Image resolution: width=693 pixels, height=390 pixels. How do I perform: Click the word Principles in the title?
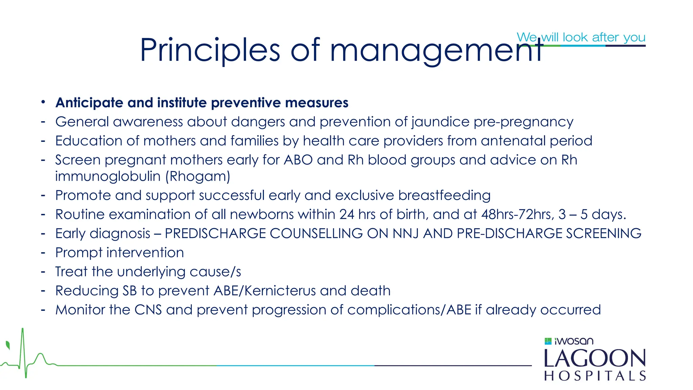coord(210,50)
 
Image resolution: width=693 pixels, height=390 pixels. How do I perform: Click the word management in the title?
coord(437,51)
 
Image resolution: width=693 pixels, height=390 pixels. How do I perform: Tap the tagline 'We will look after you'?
coord(581,37)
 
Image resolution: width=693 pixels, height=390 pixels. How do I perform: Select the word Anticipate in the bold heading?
coord(89,103)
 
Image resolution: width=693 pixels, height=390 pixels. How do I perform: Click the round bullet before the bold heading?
coord(43,102)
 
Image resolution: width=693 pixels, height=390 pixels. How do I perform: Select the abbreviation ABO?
coord(298,160)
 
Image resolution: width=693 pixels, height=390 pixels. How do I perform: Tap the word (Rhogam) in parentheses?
coord(198,176)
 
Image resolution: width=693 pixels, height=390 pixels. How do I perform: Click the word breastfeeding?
coord(444,195)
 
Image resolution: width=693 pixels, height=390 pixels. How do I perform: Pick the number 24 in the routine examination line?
coord(347,214)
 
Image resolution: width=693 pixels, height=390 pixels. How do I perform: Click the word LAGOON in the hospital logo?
coord(595,359)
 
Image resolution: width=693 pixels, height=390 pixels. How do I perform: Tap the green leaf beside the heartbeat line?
coord(8,345)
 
